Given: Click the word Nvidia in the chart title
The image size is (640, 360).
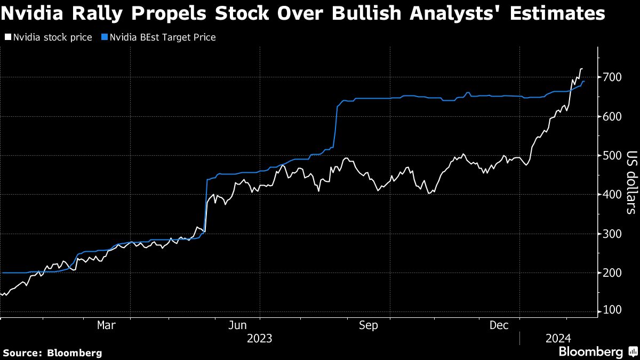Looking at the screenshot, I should point(33,13).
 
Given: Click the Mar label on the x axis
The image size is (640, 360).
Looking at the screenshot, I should point(106,325).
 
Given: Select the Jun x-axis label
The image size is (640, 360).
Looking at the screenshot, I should point(239,325).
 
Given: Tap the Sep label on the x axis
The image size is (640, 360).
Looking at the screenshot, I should point(369,325).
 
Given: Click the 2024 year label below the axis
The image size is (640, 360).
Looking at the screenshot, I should point(558,338).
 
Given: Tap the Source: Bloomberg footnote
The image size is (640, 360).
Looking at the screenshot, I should point(52,353).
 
